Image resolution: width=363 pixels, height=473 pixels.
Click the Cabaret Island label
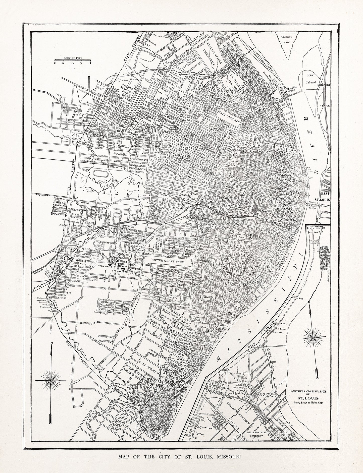(x=286, y=39)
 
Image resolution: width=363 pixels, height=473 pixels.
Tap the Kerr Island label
(x=311, y=79)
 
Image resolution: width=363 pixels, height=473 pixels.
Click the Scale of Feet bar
(x=73, y=60)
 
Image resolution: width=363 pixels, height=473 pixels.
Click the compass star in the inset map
(x=311, y=336)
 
